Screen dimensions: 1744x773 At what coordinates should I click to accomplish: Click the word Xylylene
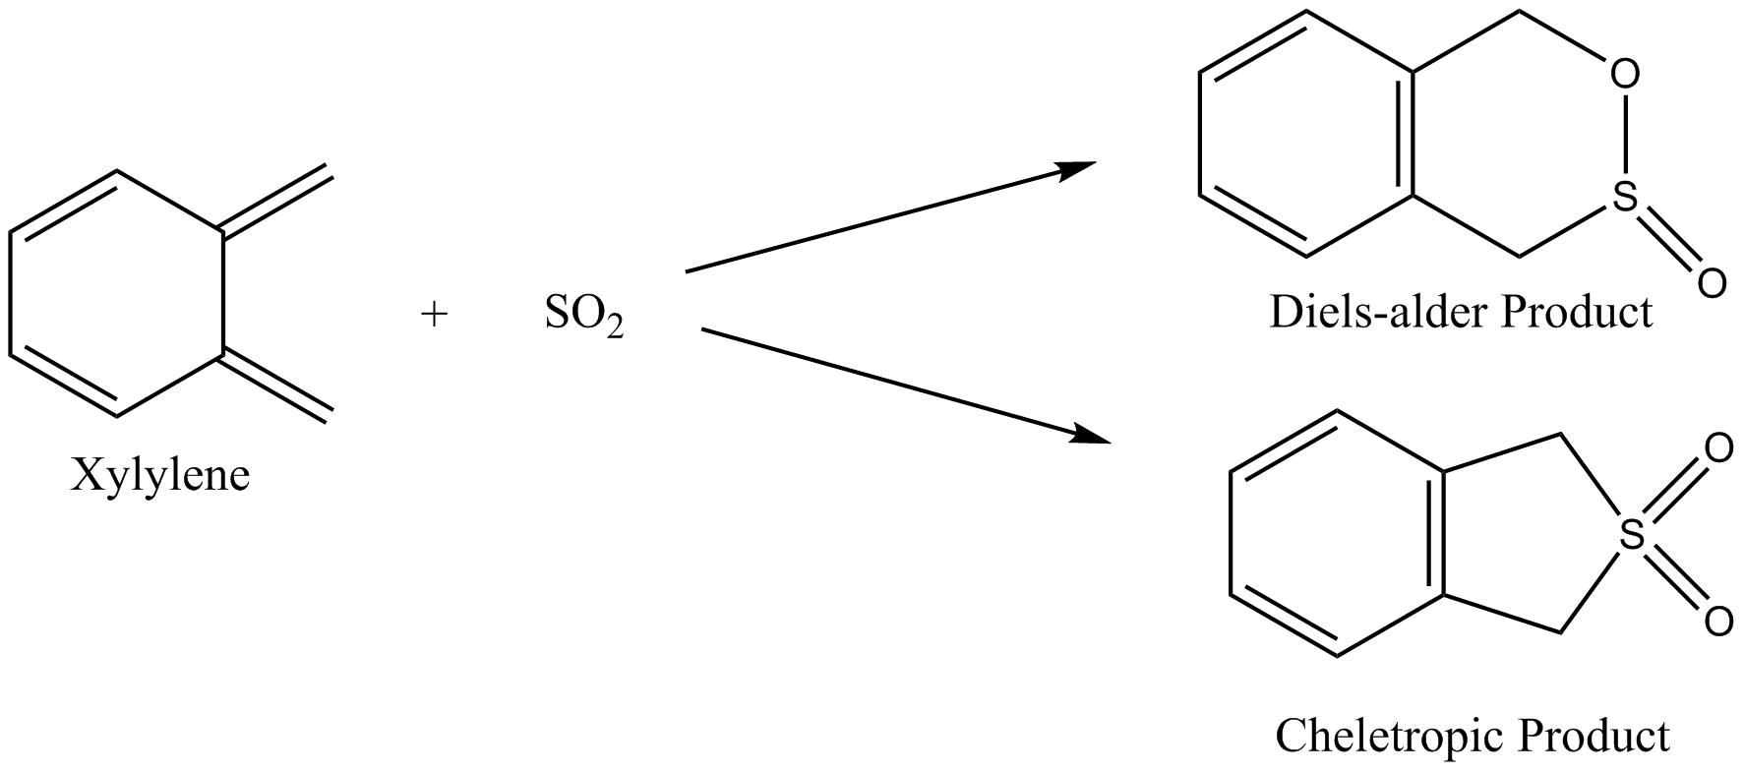(160, 477)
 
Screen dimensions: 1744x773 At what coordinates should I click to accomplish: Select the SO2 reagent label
(584, 316)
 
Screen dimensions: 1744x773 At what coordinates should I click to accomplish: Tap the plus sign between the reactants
(434, 315)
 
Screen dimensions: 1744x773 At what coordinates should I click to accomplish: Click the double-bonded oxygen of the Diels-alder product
(1711, 283)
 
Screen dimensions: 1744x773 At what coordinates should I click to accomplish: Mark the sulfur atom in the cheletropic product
(1632, 535)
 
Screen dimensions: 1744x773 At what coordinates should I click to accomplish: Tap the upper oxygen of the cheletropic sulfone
(1717, 449)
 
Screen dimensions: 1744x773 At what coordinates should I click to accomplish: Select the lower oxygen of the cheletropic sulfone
(1717, 622)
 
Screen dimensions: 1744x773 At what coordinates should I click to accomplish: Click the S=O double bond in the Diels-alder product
(1667, 240)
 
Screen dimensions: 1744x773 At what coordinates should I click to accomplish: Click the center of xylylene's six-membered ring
(117, 294)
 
